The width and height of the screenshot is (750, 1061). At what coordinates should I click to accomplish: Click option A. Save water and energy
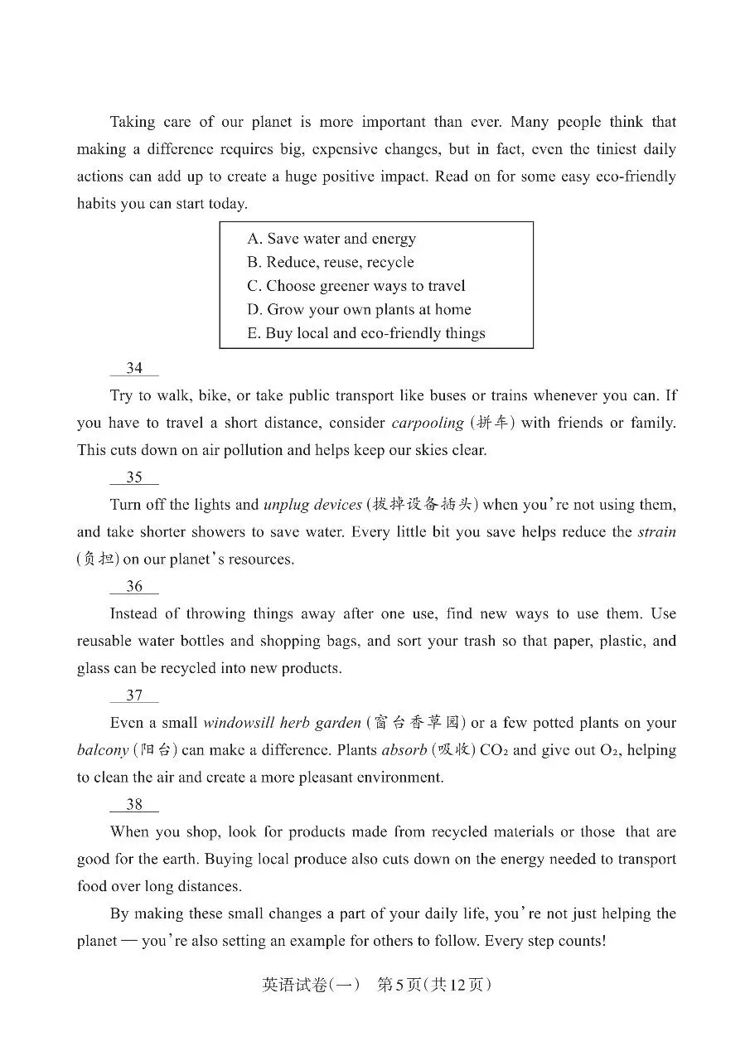pos(331,239)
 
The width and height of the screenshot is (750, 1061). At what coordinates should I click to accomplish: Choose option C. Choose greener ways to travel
pos(356,286)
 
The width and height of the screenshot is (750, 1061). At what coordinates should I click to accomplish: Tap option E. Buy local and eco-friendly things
pos(366,333)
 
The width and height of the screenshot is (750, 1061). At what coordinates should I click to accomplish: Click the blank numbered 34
pos(134,368)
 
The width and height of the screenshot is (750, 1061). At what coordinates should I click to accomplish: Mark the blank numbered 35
pos(134,477)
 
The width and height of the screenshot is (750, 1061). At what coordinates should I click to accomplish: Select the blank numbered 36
pos(134,587)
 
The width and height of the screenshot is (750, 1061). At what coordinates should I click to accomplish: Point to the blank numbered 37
pos(134,696)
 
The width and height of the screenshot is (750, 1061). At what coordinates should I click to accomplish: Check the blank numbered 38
pos(134,805)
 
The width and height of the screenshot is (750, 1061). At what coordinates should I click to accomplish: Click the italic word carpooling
pos(427,423)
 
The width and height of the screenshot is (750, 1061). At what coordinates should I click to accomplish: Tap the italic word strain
pos(656,532)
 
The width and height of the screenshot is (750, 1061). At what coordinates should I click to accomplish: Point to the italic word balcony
pos(102,750)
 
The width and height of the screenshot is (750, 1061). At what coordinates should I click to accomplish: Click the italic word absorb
pos(404,750)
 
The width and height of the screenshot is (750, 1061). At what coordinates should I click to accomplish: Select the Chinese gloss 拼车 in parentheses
pos(492,423)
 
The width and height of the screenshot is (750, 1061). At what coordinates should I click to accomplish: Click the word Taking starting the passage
pos(133,122)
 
